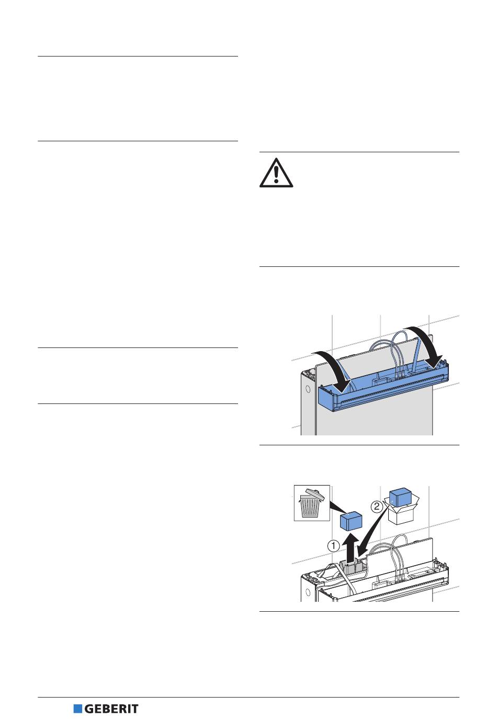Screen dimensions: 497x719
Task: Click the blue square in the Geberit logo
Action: pos(78,709)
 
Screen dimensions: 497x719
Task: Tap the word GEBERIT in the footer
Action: pos(111,709)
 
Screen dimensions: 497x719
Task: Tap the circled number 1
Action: pos(334,546)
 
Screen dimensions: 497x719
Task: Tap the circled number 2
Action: pos(377,506)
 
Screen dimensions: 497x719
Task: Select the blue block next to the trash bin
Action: pos(352,521)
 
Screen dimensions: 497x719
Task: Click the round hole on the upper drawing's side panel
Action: pos(308,389)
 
